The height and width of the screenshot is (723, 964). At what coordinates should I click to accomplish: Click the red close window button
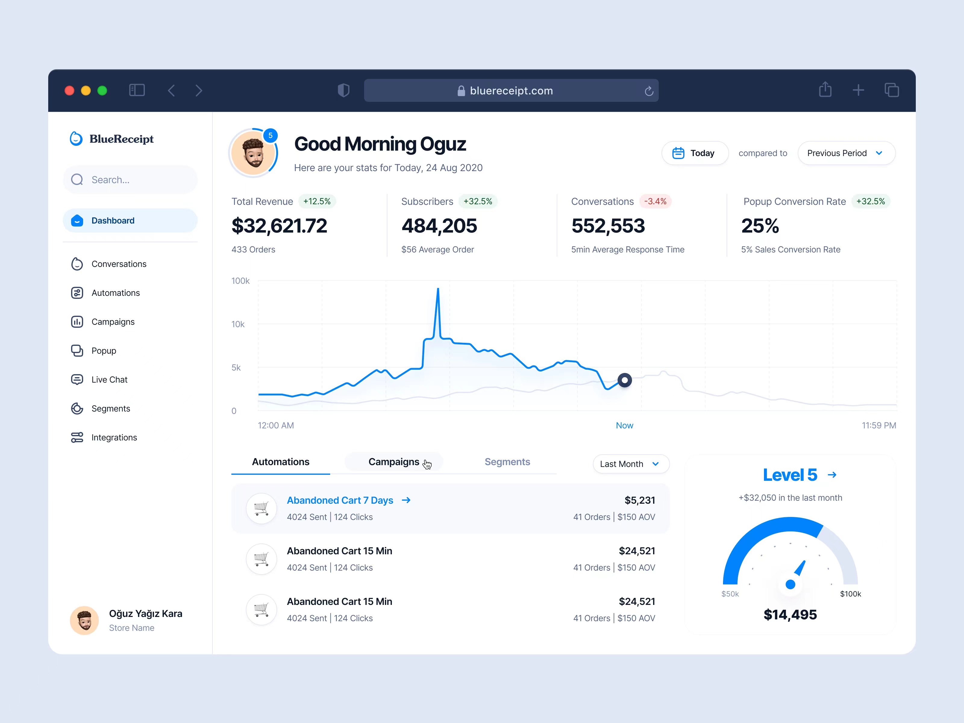point(69,91)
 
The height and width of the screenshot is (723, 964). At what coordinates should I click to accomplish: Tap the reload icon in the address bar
point(649,91)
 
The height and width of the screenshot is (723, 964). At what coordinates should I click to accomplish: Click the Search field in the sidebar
point(131,180)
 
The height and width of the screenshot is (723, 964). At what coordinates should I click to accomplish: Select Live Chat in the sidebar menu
point(109,380)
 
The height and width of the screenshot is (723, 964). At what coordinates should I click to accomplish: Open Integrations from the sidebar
point(114,437)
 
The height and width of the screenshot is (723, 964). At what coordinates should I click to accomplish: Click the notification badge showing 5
point(270,136)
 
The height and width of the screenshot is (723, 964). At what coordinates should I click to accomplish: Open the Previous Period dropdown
point(846,153)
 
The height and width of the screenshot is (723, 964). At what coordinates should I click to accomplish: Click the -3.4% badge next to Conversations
point(655,201)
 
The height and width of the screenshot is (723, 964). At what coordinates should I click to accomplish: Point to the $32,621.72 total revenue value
point(279,226)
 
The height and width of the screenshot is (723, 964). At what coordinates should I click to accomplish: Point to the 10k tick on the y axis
point(238,324)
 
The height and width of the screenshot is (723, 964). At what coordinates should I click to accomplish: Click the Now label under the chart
point(624,425)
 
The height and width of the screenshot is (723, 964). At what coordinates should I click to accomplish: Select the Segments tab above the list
point(507,462)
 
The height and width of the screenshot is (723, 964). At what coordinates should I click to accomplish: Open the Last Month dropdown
point(630,464)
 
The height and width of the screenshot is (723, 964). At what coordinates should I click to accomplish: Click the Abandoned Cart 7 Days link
point(340,500)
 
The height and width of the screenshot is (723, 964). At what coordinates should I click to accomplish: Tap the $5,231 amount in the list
point(639,500)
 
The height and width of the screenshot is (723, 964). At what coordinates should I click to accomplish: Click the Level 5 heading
point(790,475)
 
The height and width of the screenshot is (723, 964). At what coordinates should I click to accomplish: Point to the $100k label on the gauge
point(850,594)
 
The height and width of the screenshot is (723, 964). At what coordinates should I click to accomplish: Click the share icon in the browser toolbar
point(825,90)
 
